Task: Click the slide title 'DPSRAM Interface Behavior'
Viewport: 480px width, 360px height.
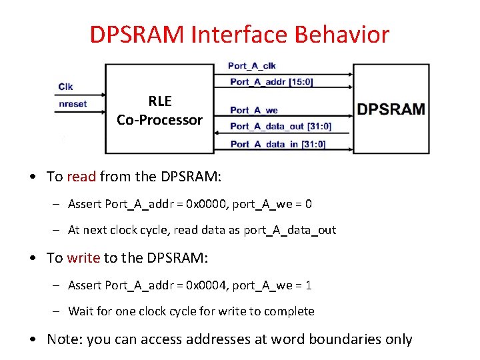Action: click(239, 35)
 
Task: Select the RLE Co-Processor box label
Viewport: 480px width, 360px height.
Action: click(159, 111)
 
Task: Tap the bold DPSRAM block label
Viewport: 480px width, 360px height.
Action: click(391, 109)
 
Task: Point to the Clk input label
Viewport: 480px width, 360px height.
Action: click(66, 87)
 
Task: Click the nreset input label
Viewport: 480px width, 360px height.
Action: click(73, 104)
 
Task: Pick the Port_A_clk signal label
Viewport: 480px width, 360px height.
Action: click(251, 65)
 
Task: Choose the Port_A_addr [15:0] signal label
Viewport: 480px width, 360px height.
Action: click(271, 82)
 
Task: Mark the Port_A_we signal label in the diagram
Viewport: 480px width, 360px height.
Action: click(254, 110)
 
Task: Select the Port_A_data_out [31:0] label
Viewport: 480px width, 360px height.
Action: click(281, 126)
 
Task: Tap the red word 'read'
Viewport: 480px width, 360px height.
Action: click(81, 177)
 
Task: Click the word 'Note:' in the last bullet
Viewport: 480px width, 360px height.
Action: click(64, 339)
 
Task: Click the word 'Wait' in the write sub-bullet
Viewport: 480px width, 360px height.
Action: click(81, 312)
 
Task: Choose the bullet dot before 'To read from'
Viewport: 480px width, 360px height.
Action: click(33, 177)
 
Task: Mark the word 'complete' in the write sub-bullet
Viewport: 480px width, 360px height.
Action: click(290, 312)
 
